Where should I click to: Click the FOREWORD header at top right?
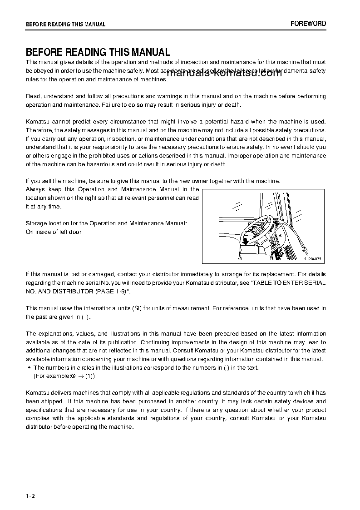point(308,24)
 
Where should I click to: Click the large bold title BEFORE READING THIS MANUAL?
point(98,53)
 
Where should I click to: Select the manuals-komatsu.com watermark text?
point(225,74)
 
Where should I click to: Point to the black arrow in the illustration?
point(245,240)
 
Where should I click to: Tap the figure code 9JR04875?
point(312,259)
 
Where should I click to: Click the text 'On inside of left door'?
point(54,232)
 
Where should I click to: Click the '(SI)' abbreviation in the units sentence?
point(137,308)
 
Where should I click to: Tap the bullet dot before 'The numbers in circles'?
point(29,368)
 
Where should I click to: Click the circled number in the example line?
point(72,376)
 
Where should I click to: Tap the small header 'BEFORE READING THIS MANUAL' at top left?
point(65,25)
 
